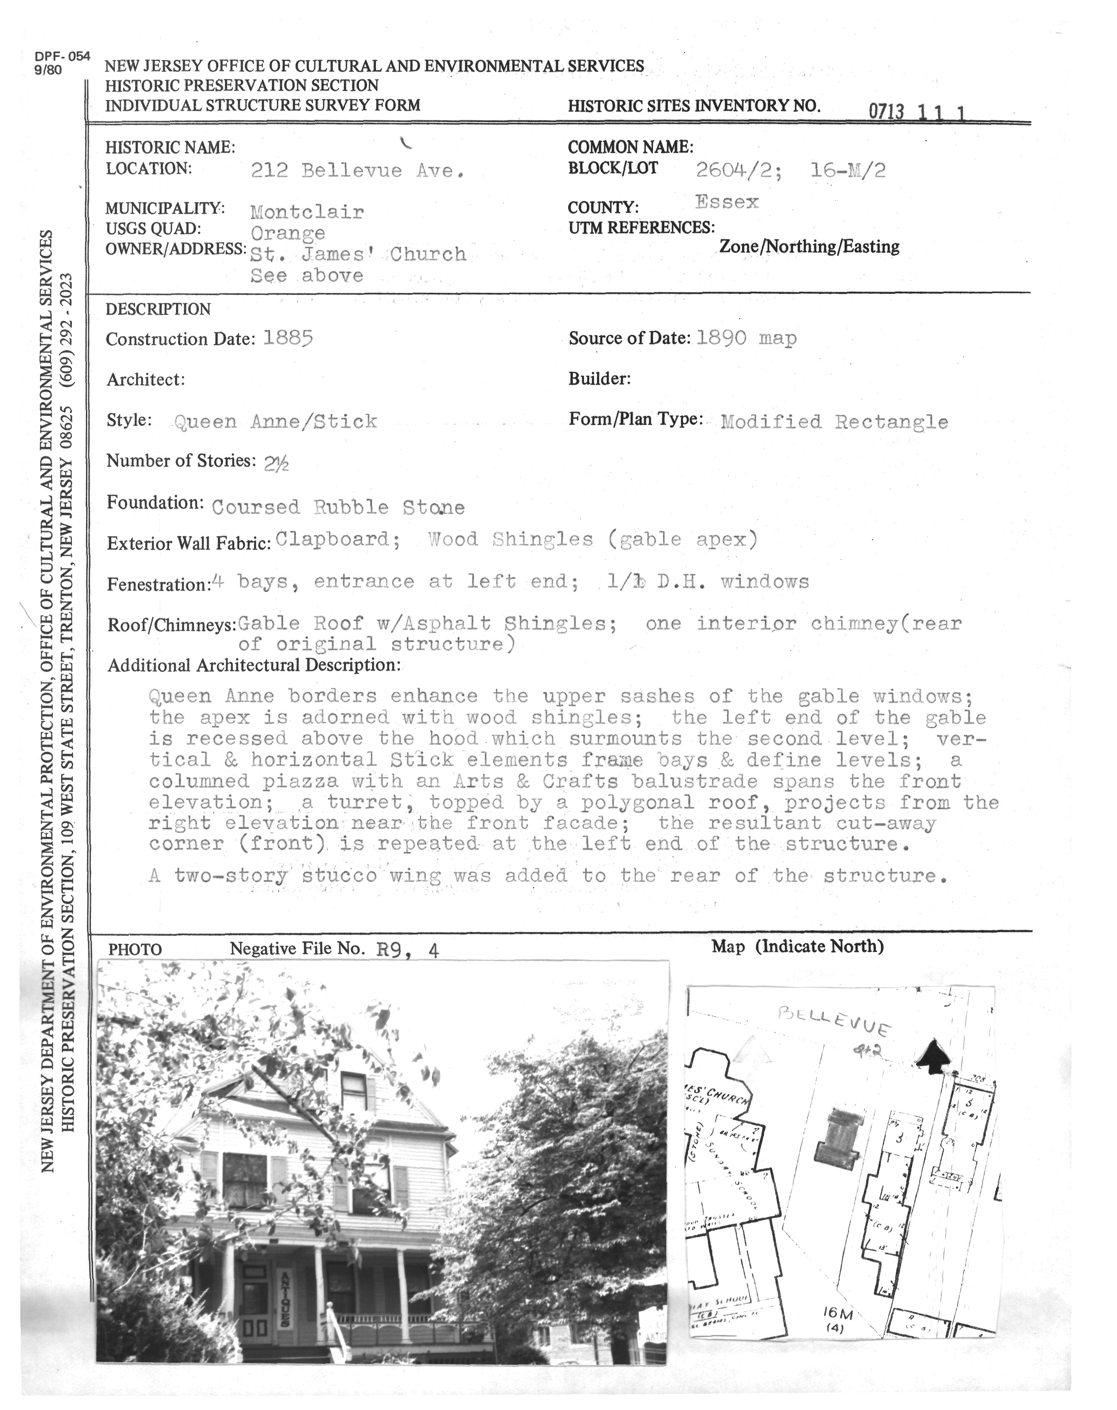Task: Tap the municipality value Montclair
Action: tap(307, 212)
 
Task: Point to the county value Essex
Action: tap(726, 202)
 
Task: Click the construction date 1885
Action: tap(288, 338)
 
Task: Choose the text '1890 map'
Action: tap(746, 338)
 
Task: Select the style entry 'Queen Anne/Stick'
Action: tap(275, 421)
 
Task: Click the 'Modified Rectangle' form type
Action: tap(834, 422)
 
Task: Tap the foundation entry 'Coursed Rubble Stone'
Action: tap(338, 507)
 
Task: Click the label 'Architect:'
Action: tap(146, 380)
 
